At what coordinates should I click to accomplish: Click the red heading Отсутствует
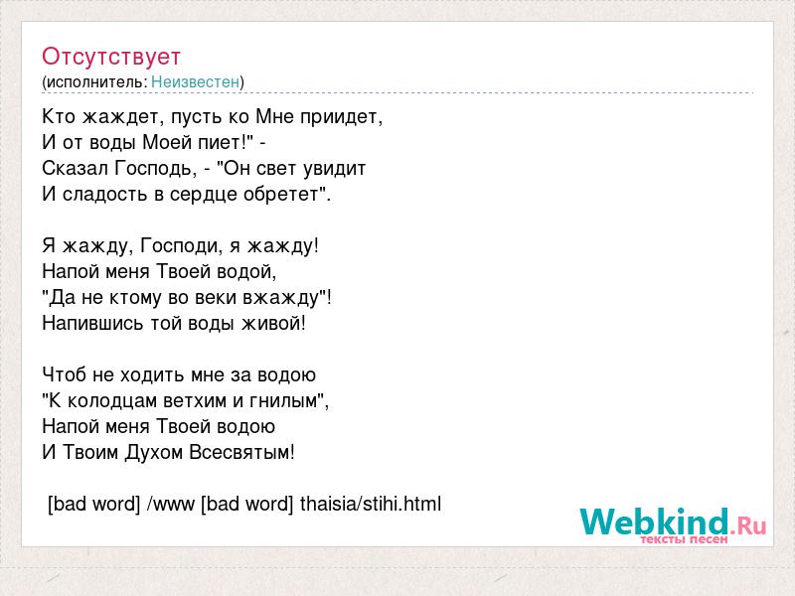111,57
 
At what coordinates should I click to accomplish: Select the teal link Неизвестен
195,82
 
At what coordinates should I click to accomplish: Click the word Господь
154,169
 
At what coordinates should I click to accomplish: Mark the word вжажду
280,298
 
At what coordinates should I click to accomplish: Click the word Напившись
92,324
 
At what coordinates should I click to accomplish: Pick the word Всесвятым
239,453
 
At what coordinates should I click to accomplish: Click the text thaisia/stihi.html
371,504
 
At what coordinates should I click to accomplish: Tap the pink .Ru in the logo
748,525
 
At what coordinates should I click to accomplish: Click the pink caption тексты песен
684,539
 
